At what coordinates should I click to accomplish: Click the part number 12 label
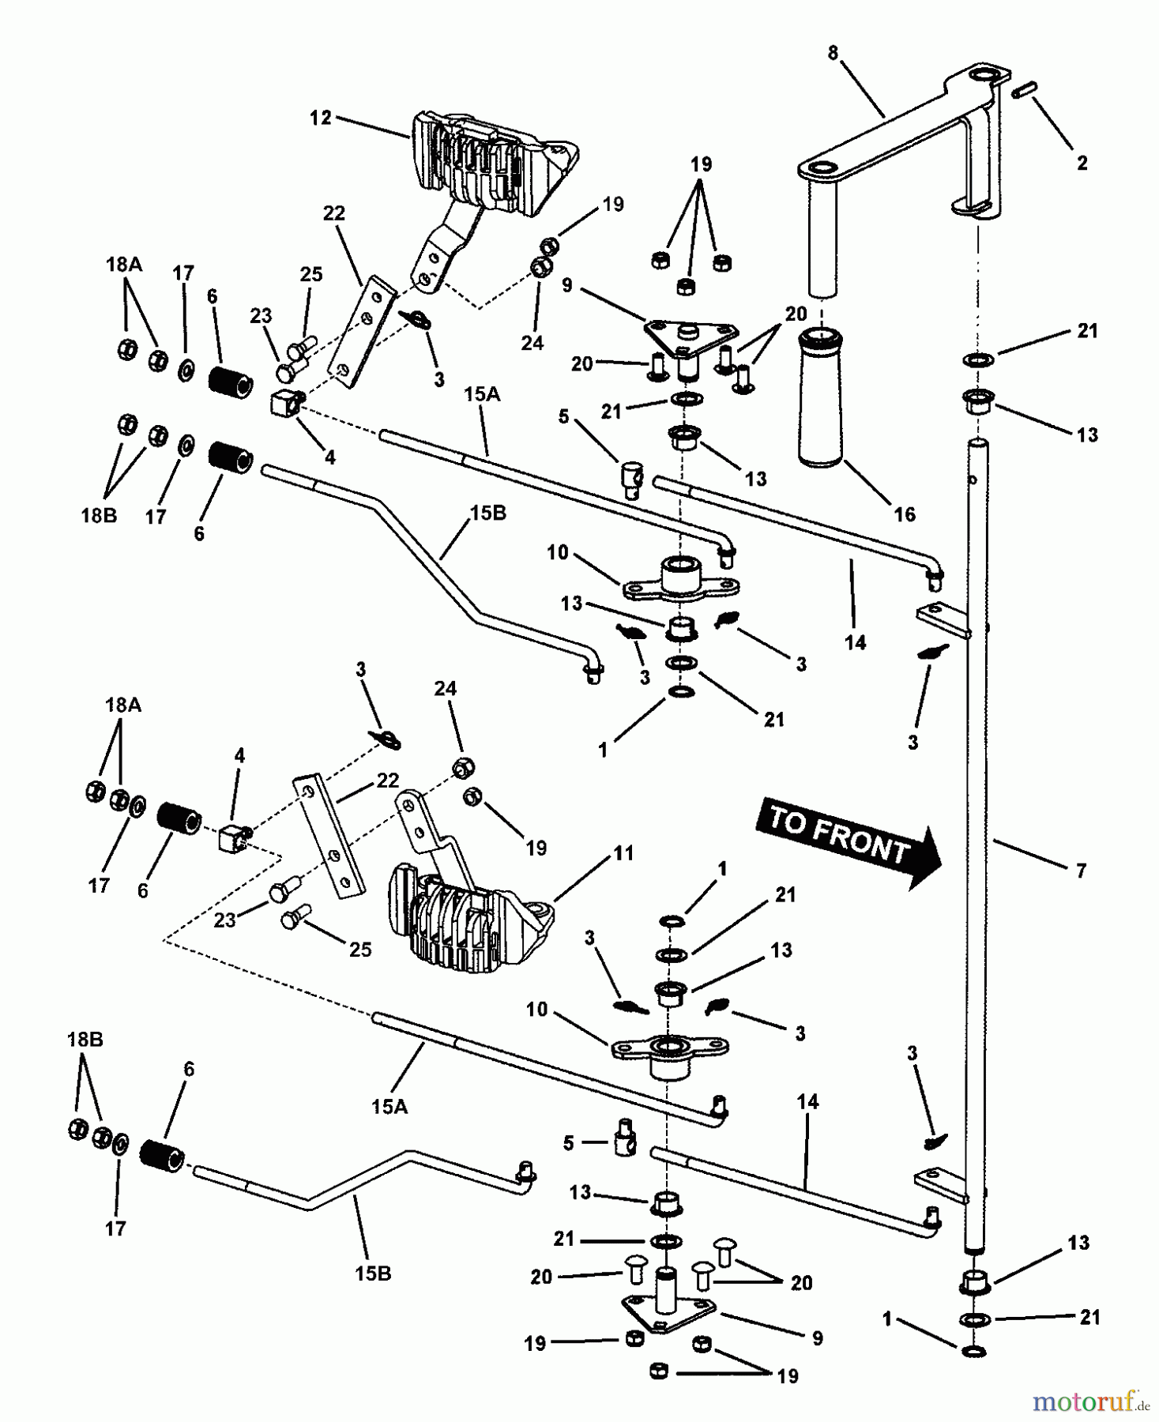[x=320, y=118]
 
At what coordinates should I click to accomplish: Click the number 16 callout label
[x=904, y=513]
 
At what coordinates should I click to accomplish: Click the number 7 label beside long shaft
[x=1081, y=871]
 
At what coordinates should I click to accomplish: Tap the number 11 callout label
[x=624, y=853]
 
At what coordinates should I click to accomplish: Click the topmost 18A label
[x=122, y=265]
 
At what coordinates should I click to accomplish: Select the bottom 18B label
[x=85, y=1040]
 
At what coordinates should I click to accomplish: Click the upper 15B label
[x=487, y=513]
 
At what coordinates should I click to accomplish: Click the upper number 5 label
[x=563, y=416]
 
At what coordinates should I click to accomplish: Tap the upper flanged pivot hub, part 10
[x=681, y=578]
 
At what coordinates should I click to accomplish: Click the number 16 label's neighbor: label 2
[x=1082, y=163]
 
